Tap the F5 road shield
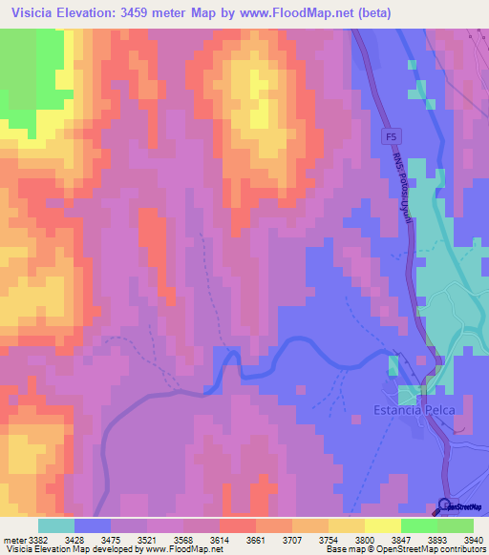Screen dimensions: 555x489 pyautogui.click(x=392, y=137)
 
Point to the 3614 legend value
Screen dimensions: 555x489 pyautogui.click(x=218, y=539)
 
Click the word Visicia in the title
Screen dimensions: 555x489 pyautogui.click(x=37, y=13)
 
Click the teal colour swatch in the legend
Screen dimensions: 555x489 pyautogui.click(x=55, y=525)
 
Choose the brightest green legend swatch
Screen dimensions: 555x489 pyautogui.click(x=418, y=525)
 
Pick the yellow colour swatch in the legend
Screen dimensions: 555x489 pyautogui.click(x=382, y=525)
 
